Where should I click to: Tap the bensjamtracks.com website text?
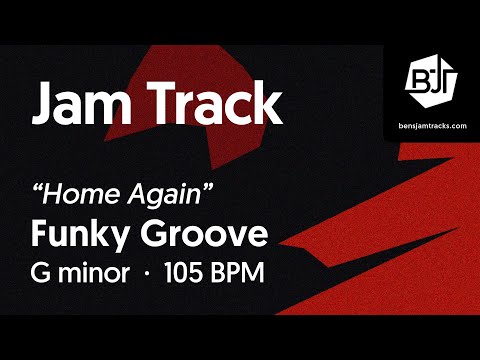click(431, 126)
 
